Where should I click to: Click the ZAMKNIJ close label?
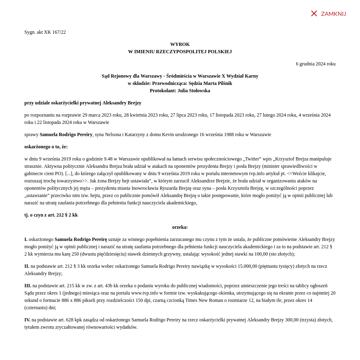333,14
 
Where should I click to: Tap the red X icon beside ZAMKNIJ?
314,13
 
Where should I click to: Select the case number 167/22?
59,32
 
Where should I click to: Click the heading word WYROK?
180,44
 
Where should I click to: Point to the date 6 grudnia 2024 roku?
316,64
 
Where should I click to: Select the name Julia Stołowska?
194,91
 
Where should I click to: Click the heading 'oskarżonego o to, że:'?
46,147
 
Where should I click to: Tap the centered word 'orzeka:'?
180,227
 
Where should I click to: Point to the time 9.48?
108,159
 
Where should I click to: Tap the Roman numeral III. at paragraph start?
28,286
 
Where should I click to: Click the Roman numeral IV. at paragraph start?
27,320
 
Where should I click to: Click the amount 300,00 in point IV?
292,320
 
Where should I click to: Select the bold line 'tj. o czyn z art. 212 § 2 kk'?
51,215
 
